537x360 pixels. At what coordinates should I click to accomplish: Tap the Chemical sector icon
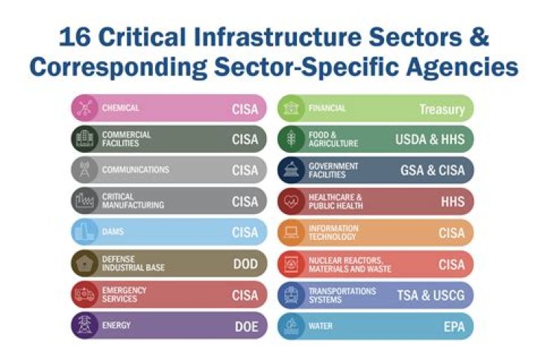84,108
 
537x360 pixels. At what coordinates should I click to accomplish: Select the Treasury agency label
442,109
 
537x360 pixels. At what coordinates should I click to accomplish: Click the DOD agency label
245,265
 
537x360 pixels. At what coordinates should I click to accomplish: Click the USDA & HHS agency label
430,139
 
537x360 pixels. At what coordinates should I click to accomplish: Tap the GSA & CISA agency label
432,171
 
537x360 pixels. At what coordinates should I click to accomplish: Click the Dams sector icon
84,233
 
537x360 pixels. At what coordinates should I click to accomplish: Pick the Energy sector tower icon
84,326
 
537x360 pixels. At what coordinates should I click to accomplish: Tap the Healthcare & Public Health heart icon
291,202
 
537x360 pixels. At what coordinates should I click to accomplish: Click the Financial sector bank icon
291,109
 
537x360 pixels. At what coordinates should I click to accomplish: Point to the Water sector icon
291,326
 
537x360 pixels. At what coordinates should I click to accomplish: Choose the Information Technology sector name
333,233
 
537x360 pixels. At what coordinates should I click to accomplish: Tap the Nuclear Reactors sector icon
291,264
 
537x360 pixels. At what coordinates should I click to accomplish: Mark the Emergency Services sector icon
84,295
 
